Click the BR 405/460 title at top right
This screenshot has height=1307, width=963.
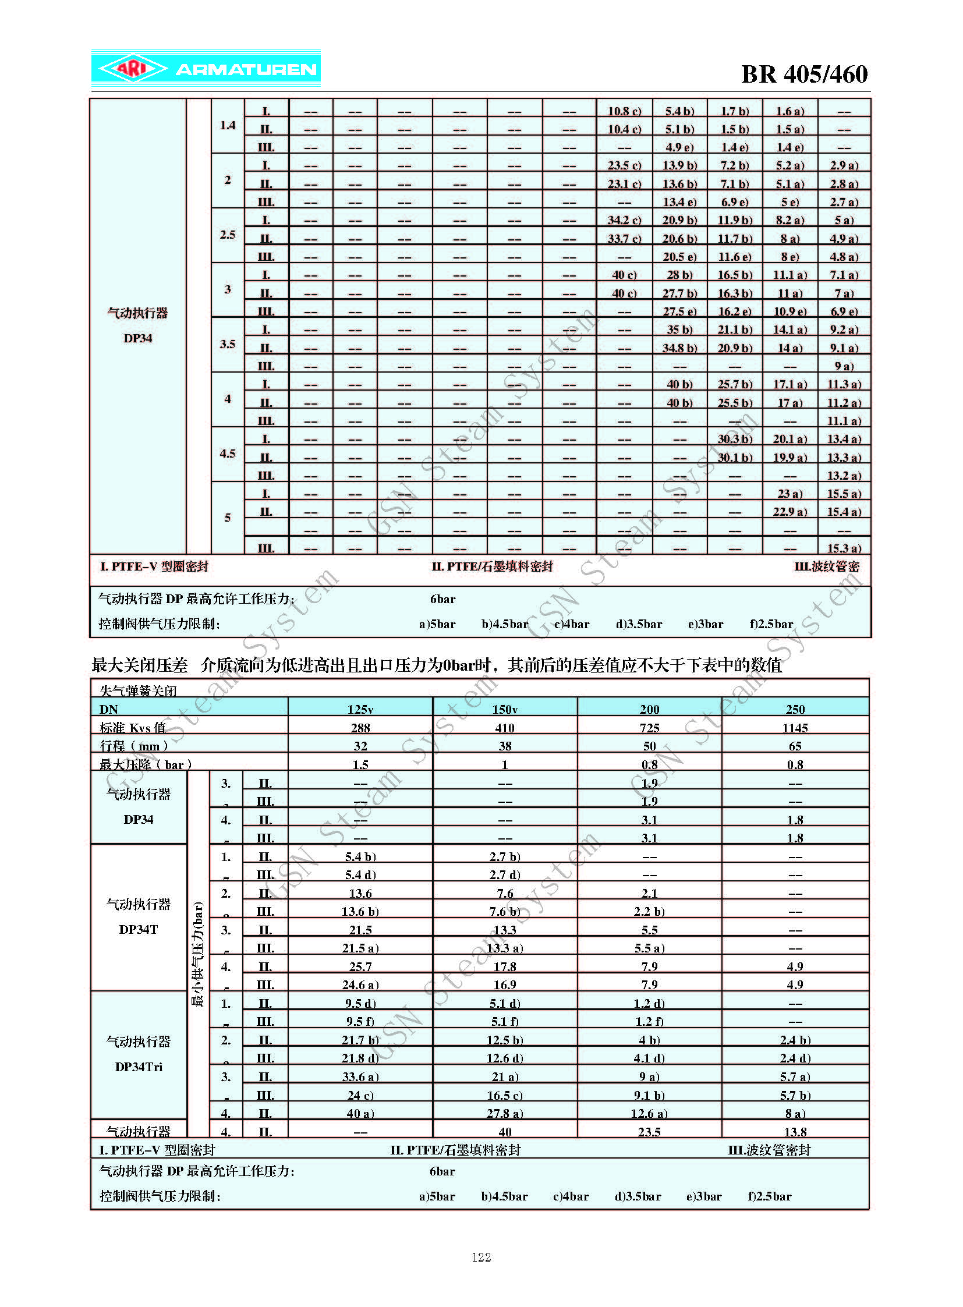(804, 74)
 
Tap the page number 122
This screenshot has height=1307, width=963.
(481, 1257)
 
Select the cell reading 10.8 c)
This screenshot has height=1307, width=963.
(624, 111)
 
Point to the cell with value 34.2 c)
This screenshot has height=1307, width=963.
(624, 220)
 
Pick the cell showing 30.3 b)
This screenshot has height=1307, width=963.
(735, 438)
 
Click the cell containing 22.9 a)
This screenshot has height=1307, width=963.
(790, 511)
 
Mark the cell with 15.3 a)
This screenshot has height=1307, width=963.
(844, 548)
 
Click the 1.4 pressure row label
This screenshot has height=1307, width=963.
(227, 125)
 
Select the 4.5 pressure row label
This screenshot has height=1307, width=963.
(227, 454)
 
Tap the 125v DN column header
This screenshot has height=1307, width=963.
(360, 709)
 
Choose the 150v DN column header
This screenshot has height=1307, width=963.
(505, 709)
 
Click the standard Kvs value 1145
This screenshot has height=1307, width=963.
(795, 728)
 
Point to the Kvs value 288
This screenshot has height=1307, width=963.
(360, 728)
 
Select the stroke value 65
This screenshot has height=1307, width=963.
(795, 746)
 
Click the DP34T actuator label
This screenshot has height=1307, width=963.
(139, 929)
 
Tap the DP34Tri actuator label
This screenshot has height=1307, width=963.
(139, 1066)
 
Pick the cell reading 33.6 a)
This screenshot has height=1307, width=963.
(360, 1076)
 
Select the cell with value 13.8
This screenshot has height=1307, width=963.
(795, 1132)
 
